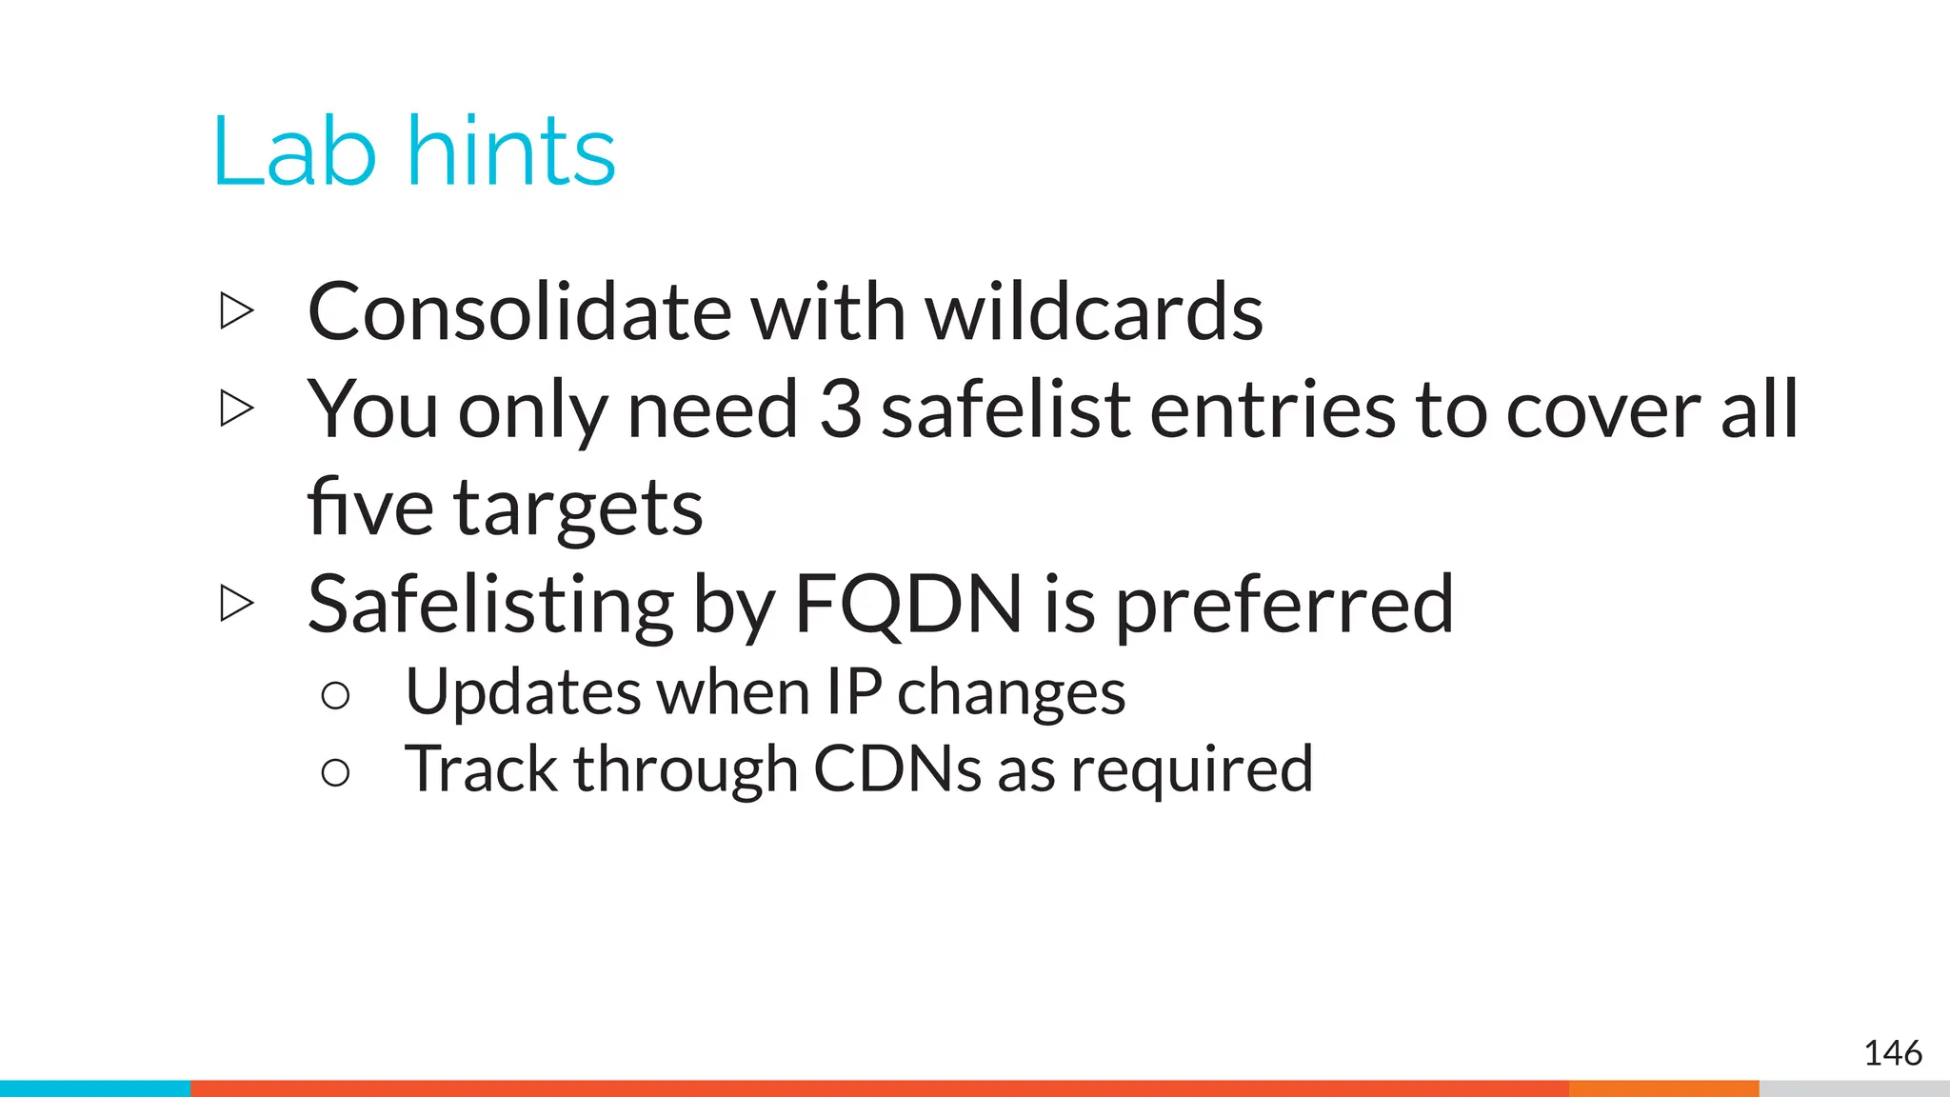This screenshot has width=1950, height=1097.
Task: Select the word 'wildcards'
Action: tap(1094, 312)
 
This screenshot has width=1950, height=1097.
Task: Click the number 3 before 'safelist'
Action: tap(840, 409)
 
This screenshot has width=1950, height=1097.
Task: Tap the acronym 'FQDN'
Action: tap(908, 604)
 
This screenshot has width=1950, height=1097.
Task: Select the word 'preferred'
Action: tap(1284, 606)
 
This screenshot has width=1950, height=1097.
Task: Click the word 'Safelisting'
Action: tap(490, 606)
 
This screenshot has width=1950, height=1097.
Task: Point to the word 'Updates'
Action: tap(522, 692)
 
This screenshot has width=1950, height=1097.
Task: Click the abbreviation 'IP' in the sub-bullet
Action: tap(853, 691)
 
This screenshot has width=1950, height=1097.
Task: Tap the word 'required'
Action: tap(1192, 770)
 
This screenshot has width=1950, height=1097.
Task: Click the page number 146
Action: tap(1893, 1053)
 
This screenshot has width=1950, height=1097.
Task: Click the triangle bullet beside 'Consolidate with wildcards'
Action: tap(236, 311)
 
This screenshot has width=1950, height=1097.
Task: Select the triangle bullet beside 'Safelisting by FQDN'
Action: tap(236, 603)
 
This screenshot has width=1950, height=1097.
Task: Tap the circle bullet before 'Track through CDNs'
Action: tap(335, 772)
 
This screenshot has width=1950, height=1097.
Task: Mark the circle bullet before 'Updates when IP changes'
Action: tap(335, 695)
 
